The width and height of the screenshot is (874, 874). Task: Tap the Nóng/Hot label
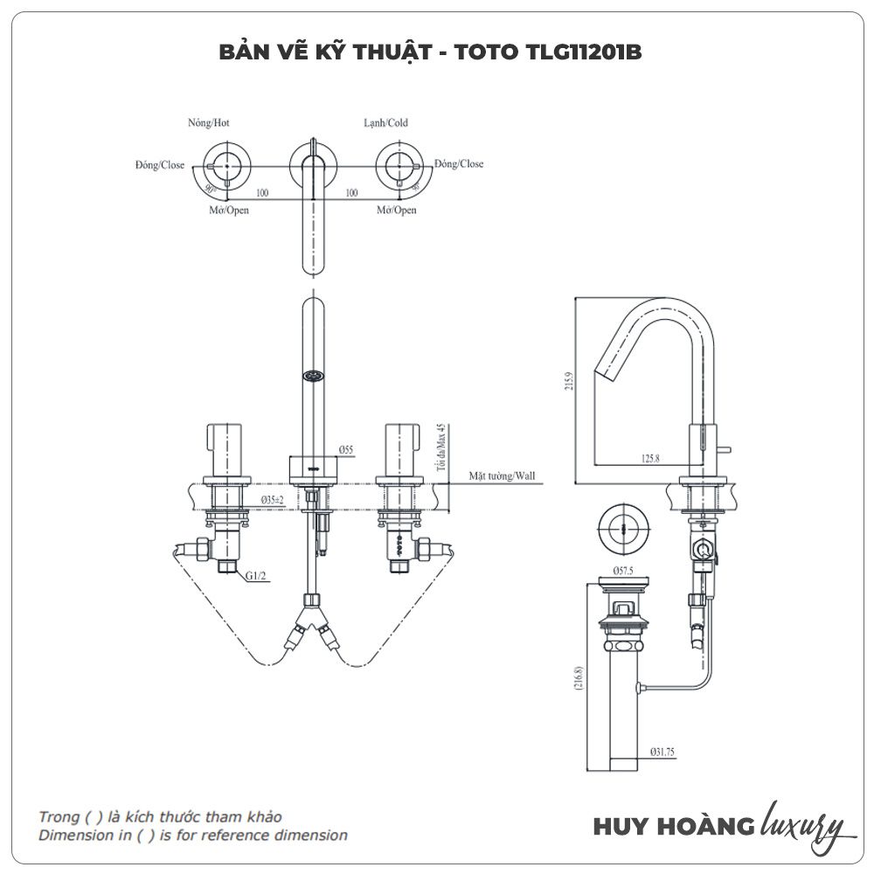pyautogui.click(x=209, y=123)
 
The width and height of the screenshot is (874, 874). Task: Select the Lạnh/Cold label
pyautogui.click(x=385, y=123)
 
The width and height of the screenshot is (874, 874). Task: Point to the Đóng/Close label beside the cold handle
pyautogui.click(x=459, y=163)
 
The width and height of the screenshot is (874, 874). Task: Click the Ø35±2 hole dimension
pyautogui.click(x=272, y=499)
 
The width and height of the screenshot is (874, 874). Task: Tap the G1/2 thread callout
pyautogui.click(x=255, y=576)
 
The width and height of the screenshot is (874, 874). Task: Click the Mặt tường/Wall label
pyautogui.click(x=502, y=476)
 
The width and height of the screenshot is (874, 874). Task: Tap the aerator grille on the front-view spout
pyautogui.click(x=312, y=377)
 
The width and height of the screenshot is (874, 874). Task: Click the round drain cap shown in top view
pyautogui.click(x=621, y=529)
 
